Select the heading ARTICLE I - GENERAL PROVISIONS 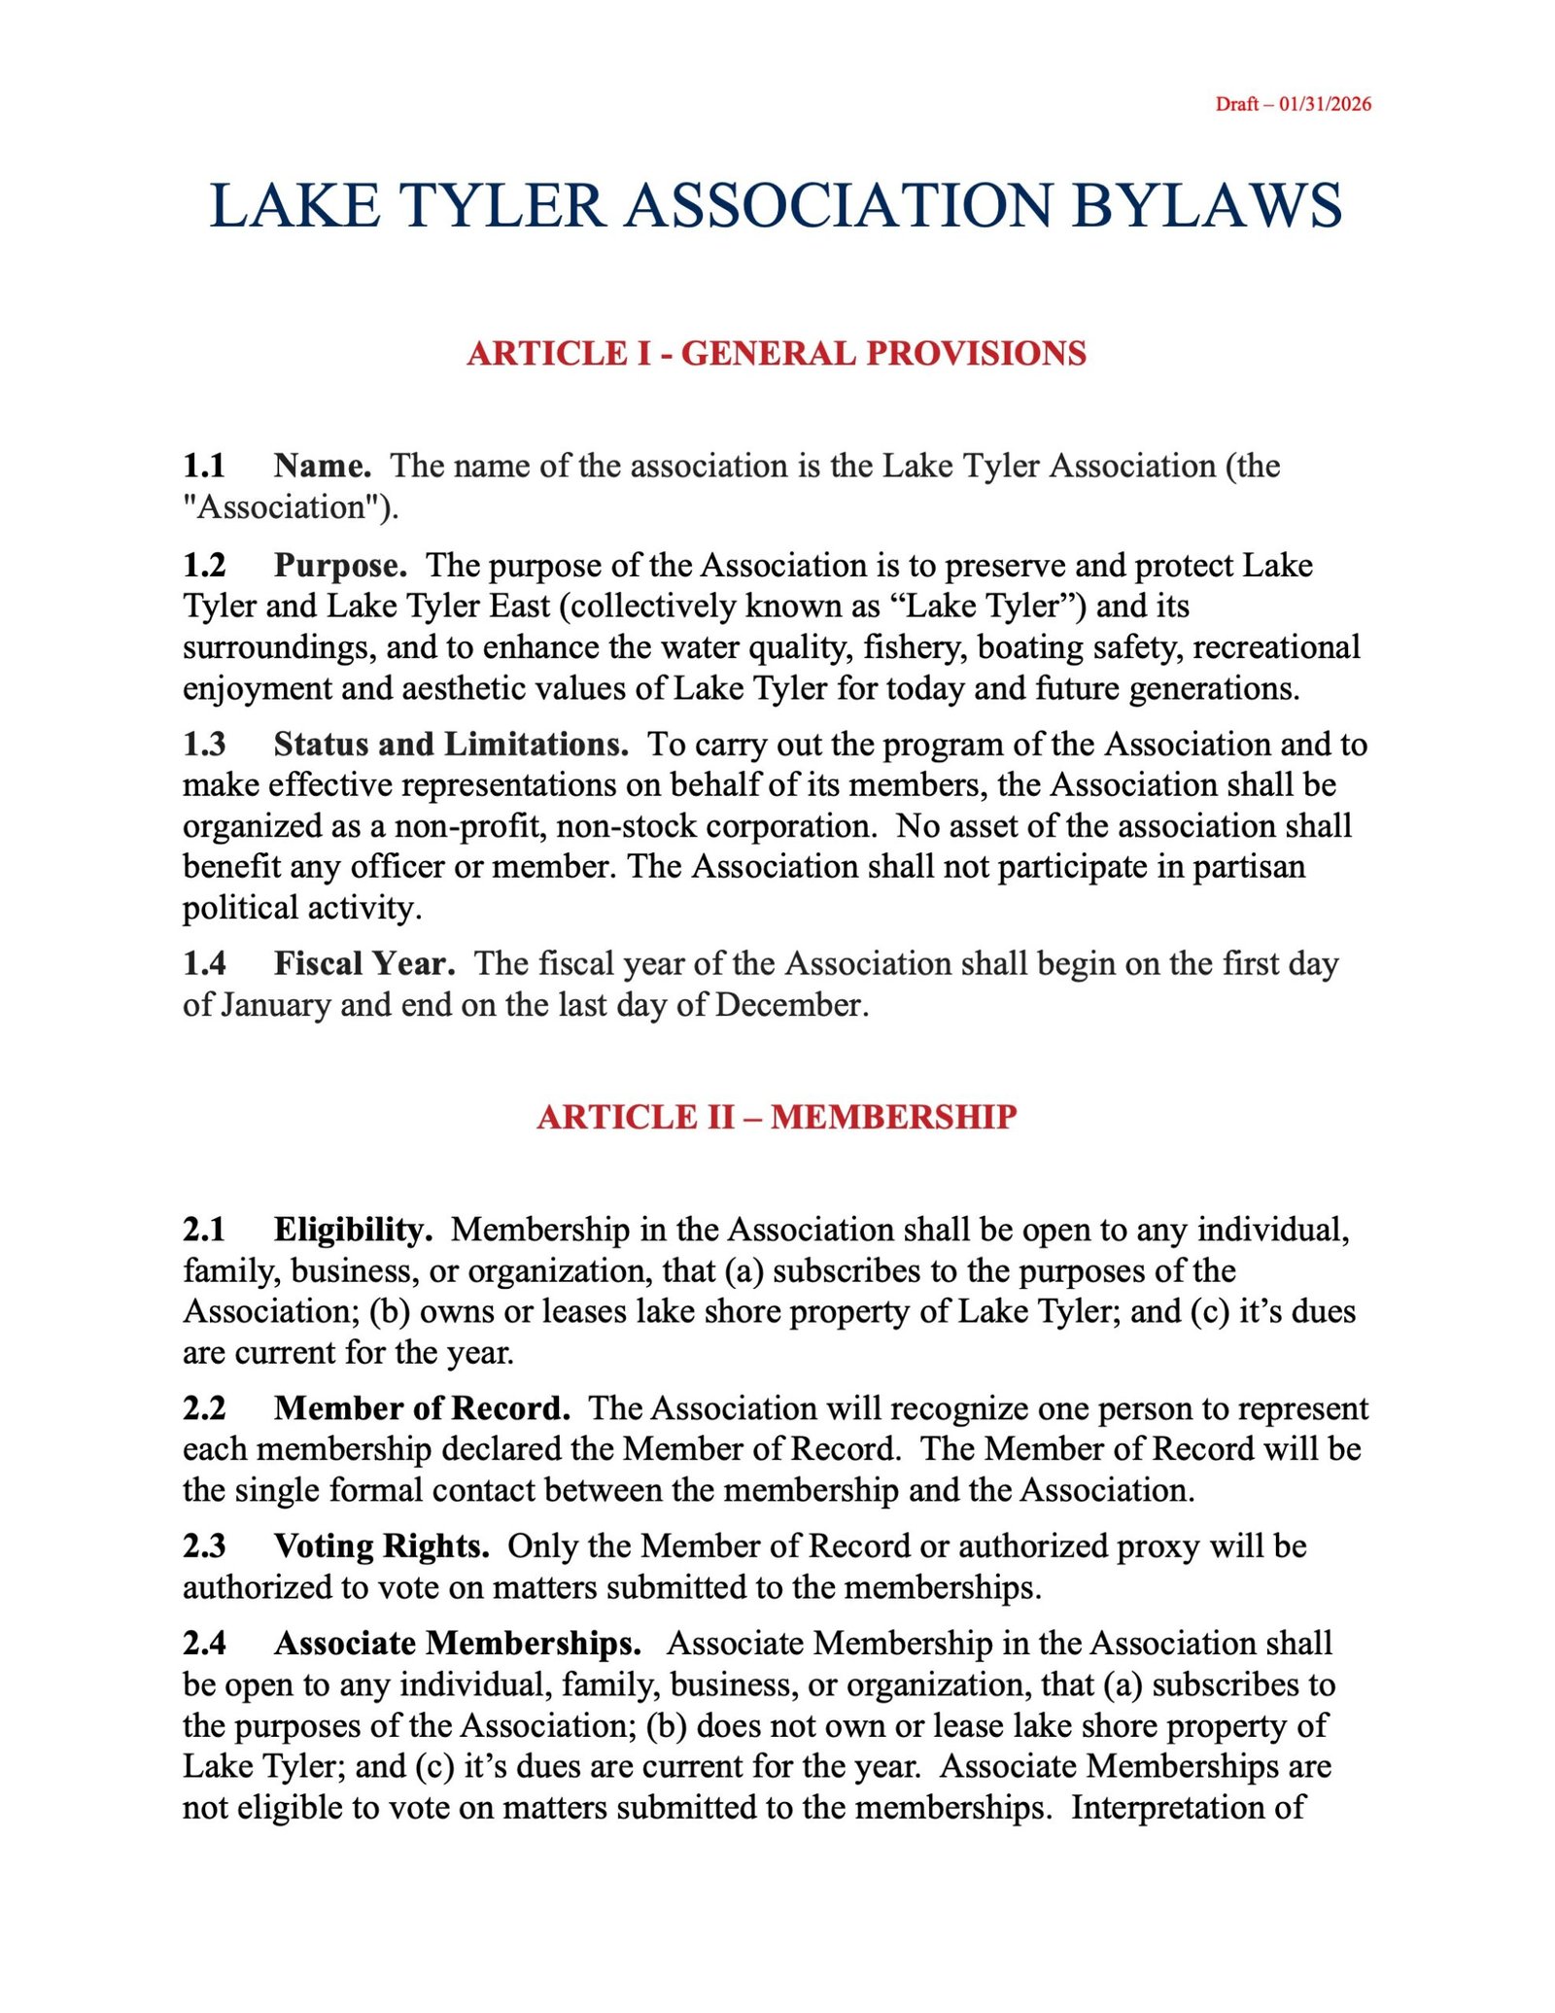click(777, 353)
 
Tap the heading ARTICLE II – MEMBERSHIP click(777, 1116)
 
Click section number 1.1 click(204, 466)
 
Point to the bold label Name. click(322, 466)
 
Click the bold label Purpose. click(339, 565)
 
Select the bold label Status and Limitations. click(451, 744)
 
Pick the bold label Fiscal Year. click(364, 963)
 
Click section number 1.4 click(204, 963)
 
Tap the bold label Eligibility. click(353, 1229)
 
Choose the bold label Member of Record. click(422, 1407)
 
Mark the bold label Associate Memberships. click(457, 1643)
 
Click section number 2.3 click(204, 1545)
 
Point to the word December click(791, 1004)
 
